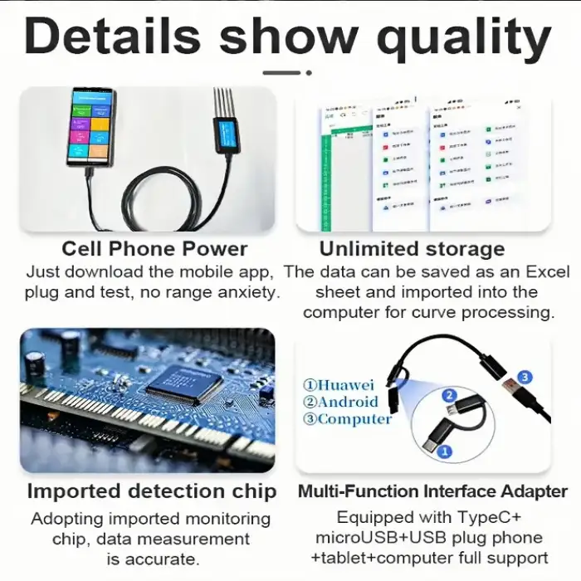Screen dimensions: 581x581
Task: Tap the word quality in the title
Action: click(465, 37)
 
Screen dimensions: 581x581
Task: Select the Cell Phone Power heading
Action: click(154, 249)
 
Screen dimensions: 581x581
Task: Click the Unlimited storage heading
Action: click(412, 249)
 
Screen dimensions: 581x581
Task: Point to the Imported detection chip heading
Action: click(151, 491)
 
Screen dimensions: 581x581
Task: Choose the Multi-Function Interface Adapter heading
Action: click(432, 491)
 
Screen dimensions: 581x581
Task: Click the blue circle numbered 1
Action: click(444, 452)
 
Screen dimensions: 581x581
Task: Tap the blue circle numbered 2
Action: click(449, 396)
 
